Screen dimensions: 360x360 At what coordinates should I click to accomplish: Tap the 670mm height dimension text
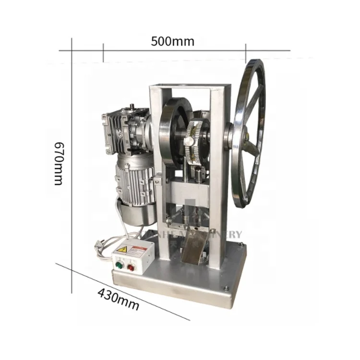point(59,163)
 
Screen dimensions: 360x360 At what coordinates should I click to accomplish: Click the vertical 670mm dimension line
point(72,163)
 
